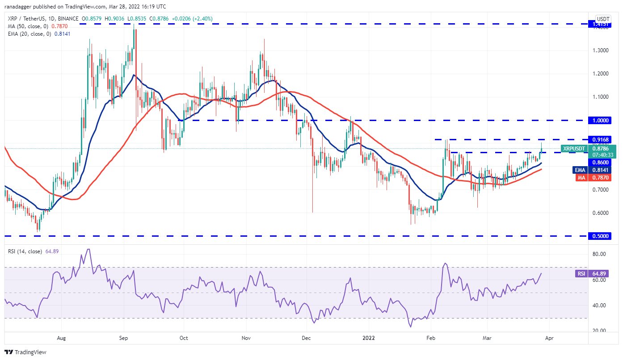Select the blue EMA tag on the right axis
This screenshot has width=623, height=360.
(x=580, y=170)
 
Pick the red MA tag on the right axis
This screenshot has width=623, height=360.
(x=580, y=178)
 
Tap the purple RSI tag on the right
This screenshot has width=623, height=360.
(x=580, y=273)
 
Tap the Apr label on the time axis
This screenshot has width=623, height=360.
(x=549, y=339)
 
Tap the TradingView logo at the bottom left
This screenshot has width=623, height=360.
(x=25, y=352)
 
